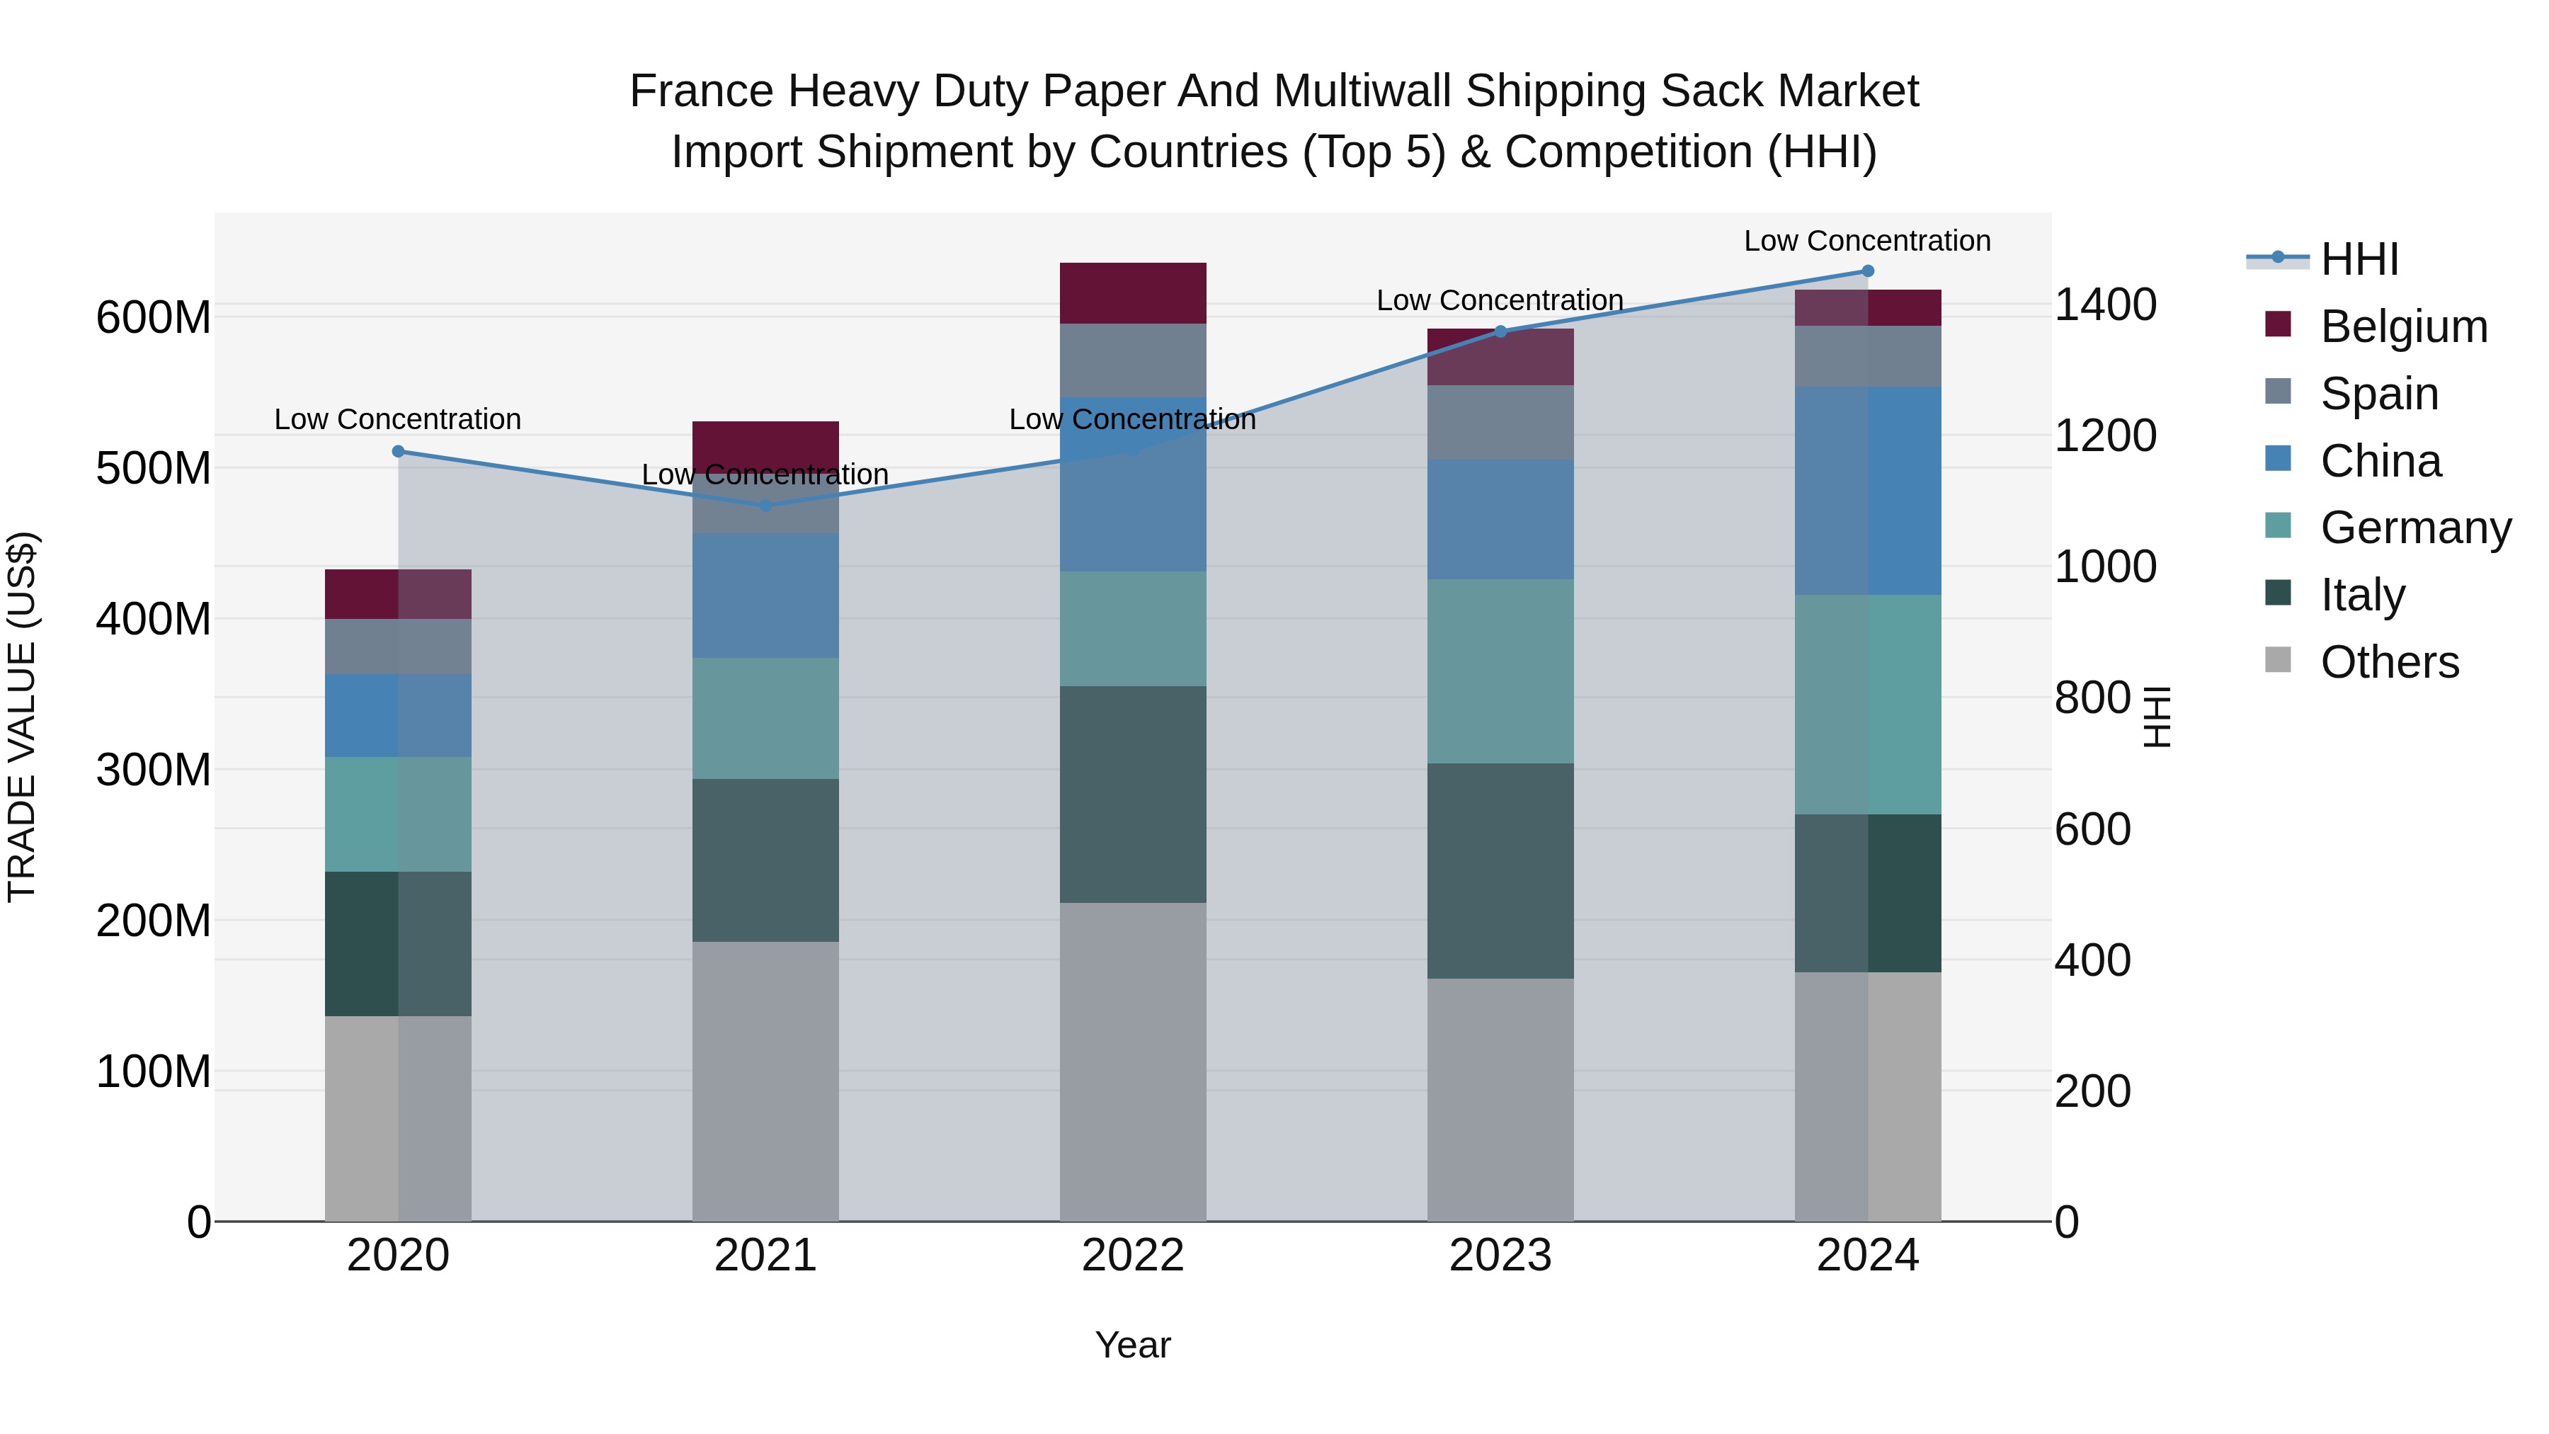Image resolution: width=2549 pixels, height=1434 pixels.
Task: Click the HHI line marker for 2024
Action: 1867,271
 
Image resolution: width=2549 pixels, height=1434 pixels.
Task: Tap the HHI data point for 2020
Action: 398,451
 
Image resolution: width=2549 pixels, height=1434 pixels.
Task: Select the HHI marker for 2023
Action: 1500,331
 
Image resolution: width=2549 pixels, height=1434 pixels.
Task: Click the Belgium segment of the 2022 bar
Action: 1133,293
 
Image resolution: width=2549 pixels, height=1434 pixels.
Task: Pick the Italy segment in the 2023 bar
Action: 1500,871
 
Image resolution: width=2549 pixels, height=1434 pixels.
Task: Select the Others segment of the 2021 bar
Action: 765,1081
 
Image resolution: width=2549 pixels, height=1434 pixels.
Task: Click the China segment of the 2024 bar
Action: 1867,491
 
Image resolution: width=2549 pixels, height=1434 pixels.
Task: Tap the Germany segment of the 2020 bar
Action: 398,814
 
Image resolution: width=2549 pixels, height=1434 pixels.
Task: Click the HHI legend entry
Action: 2359,259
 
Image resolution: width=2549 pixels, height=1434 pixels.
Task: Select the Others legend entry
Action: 2389,662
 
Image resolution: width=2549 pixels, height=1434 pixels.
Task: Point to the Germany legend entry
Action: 2414,528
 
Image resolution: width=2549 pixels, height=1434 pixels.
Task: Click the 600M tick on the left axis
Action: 154,319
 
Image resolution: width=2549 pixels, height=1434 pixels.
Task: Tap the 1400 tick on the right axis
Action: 2105,305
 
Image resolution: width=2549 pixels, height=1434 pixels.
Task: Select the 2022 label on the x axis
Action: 1133,1256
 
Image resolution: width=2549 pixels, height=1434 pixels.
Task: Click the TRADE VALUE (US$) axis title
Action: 22,717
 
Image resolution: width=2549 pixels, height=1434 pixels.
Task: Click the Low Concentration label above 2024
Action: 1866,241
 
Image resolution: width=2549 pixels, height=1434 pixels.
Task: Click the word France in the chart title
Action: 702,92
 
